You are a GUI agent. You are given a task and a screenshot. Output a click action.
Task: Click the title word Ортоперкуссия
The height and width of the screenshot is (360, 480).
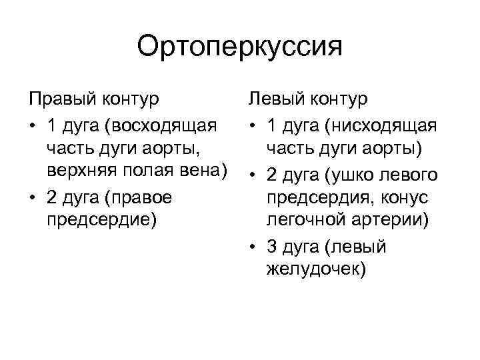coord(239,47)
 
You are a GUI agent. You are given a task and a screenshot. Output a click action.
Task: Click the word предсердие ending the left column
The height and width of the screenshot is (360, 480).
coord(101,222)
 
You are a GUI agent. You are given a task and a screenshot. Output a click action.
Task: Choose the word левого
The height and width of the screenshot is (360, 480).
coord(411,175)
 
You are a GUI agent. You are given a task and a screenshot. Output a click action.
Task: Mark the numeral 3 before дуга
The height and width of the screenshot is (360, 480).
coord(270,247)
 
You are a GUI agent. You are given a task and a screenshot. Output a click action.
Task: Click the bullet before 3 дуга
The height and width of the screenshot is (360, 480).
coord(253,247)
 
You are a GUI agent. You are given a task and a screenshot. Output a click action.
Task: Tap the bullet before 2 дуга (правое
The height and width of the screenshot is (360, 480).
coord(32,198)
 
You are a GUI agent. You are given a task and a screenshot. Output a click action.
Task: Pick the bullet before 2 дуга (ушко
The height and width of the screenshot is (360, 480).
coord(253,175)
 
